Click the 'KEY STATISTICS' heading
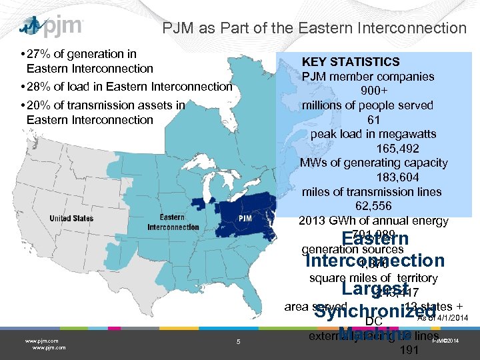351,62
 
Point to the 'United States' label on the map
71,219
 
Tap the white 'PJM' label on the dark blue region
245,219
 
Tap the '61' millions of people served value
373,120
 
